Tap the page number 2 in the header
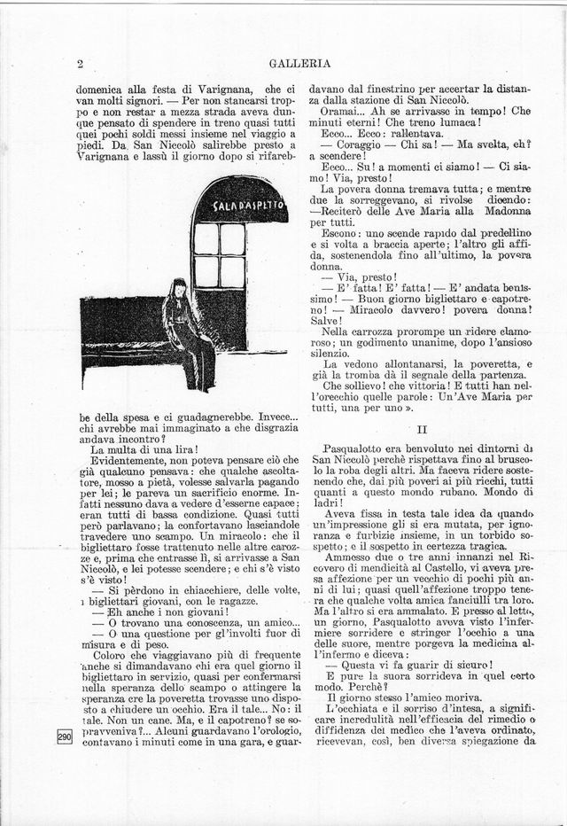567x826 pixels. [81, 63]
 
